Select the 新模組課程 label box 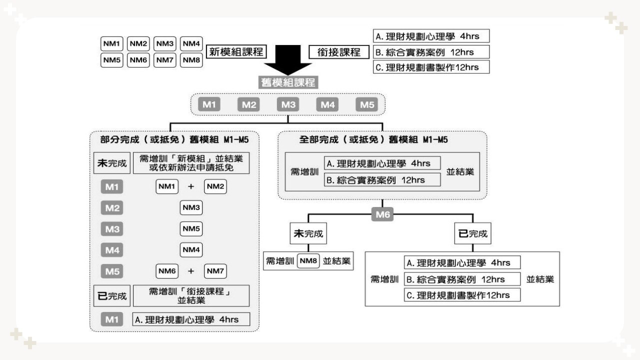[x=236, y=51]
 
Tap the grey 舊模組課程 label [x=288, y=82]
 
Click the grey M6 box [x=382, y=215]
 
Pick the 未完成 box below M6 [x=307, y=233]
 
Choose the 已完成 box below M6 [x=472, y=233]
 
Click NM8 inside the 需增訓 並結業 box [x=308, y=260]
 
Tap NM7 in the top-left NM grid [x=164, y=60]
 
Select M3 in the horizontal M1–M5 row [x=288, y=104]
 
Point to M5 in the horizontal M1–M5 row [x=367, y=104]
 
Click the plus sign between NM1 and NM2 [x=190, y=186]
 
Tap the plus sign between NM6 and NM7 [x=190, y=271]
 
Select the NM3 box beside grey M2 [x=191, y=207]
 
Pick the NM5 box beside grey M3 [x=191, y=229]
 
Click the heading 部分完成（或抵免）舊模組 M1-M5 [x=174, y=139]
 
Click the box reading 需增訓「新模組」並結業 [x=191, y=163]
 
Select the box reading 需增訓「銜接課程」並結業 [x=191, y=296]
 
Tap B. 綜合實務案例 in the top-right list [x=431, y=52]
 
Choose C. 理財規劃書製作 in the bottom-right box [x=462, y=295]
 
